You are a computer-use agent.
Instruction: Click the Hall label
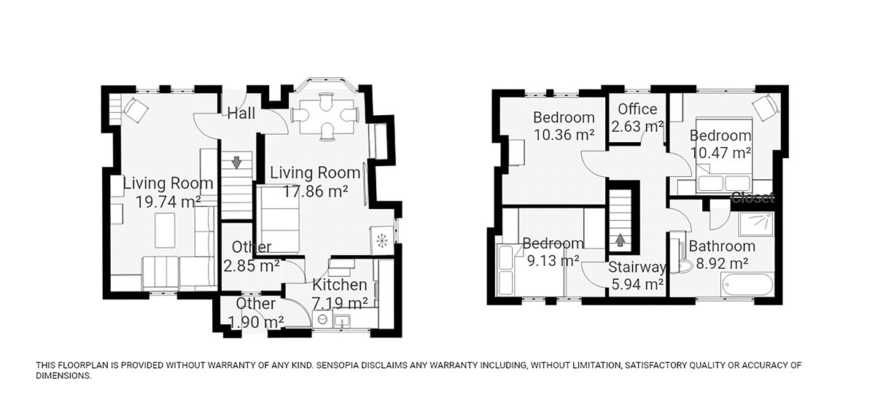click(241, 114)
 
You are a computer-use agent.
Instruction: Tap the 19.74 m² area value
click(168, 202)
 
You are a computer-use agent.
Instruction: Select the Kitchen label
click(340, 285)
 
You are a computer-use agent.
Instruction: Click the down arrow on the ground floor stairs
click(236, 162)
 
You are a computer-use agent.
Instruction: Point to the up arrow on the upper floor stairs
click(620, 240)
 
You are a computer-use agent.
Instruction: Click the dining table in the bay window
click(327, 117)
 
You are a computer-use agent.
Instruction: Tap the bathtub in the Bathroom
click(747, 285)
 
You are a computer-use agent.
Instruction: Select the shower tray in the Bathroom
click(756, 224)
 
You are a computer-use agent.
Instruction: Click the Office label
click(637, 109)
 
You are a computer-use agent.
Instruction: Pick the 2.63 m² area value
click(637, 127)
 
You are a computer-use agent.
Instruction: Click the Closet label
click(752, 198)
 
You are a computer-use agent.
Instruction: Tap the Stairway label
click(637, 267)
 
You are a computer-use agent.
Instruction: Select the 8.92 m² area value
click(722, 264)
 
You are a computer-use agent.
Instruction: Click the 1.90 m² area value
click(256, 322)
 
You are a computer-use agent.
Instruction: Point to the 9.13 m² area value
click(553, 260)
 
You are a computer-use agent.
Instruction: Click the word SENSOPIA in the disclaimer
click(342, 366)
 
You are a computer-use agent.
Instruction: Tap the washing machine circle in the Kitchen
click(322, 320)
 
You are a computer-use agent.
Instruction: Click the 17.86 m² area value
click(315, 192)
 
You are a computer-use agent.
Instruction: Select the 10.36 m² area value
click(564, 135)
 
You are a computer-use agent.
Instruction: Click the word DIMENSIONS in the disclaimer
click(63, 376)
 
